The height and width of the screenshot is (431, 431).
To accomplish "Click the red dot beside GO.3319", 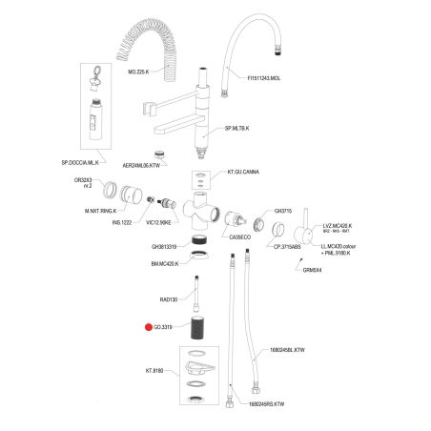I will pos(148,327).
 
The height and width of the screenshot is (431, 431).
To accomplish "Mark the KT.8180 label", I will pos(156,370).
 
